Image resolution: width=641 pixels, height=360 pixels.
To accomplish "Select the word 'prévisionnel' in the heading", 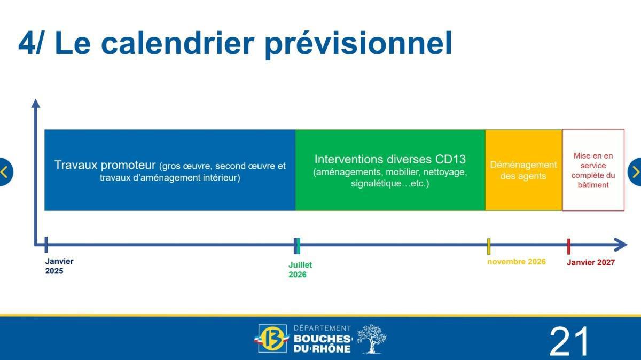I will coord(358,44).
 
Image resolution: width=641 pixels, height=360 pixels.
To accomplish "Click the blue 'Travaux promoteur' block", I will coord(170,170).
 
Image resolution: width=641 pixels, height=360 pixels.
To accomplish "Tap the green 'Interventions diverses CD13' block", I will coord(390,170).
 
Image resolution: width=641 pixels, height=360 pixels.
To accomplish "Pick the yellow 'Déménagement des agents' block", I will coord(523,170).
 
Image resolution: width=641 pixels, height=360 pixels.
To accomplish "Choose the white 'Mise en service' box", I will coord(593,170).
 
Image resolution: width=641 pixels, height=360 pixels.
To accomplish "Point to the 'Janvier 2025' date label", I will coord(59,266).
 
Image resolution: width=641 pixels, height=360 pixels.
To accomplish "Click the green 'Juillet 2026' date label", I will coord(300,270).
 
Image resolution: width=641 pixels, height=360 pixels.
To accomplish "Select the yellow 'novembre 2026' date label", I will coord(516,262).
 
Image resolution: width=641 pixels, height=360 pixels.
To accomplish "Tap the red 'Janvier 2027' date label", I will coord(590,262).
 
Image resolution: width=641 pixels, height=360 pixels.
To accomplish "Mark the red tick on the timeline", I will coord(568,246).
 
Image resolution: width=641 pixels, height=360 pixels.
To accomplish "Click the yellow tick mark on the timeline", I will coord(489,246).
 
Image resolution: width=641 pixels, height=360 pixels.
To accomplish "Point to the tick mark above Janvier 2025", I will coord(46,245).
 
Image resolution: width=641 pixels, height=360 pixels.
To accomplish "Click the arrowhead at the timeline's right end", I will coord(621,245).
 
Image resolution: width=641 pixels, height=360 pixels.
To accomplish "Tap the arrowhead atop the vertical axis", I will coord(36,103).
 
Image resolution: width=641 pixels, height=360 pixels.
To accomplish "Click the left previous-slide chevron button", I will coord(5,172).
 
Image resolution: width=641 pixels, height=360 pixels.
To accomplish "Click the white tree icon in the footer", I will coord(371,339).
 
